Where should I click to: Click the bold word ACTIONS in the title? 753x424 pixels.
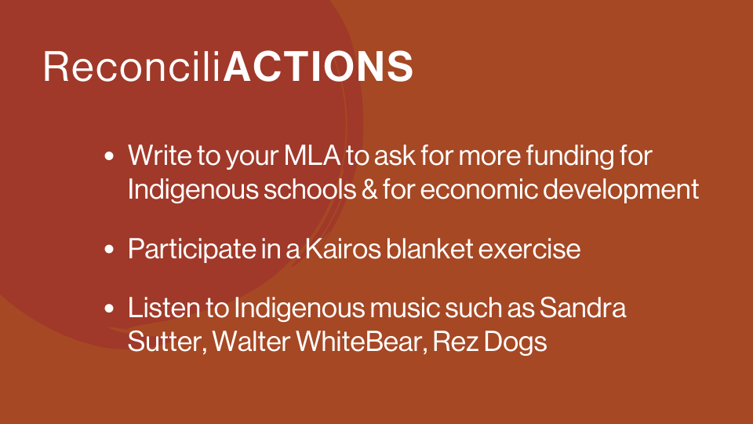(318, 66)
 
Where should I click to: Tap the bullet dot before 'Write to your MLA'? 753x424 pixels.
(110, 156)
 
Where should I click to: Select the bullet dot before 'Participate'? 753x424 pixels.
(110, 249)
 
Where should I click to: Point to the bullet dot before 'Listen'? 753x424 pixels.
(110, 308)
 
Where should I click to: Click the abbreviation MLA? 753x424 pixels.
(311, 155)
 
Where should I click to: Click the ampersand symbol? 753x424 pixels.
(369, 189)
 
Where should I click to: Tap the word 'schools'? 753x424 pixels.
(310, 189)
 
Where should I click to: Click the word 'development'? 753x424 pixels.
(620, 189)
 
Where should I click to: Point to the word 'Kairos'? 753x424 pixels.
(343, 249)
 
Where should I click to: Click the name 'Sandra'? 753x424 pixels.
(583, 308)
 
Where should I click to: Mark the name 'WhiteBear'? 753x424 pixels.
(361, 342)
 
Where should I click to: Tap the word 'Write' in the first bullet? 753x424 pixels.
(160, 155)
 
